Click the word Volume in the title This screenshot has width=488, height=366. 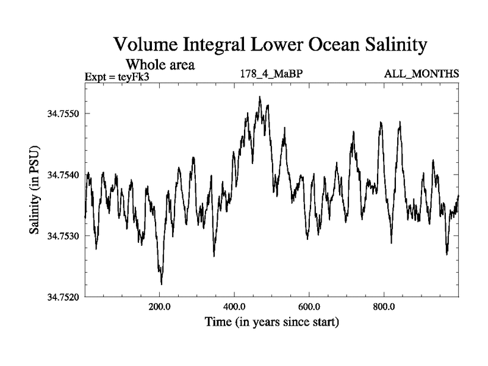pos(145,46)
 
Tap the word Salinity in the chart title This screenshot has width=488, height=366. pos(390,46)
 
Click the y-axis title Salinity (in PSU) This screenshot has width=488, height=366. pos(35,190)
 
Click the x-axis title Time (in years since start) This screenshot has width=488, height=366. pos(271,321)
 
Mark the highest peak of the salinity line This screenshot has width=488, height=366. pos(259,97)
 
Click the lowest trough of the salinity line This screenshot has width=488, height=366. pos(161,284)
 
